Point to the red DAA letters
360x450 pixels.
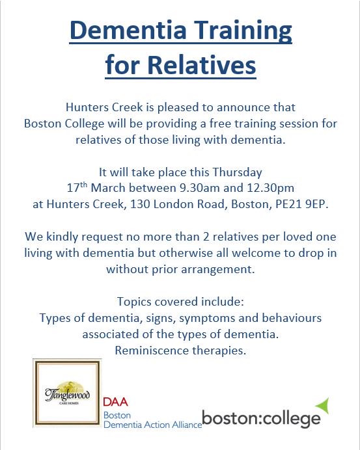pos(116,403)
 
